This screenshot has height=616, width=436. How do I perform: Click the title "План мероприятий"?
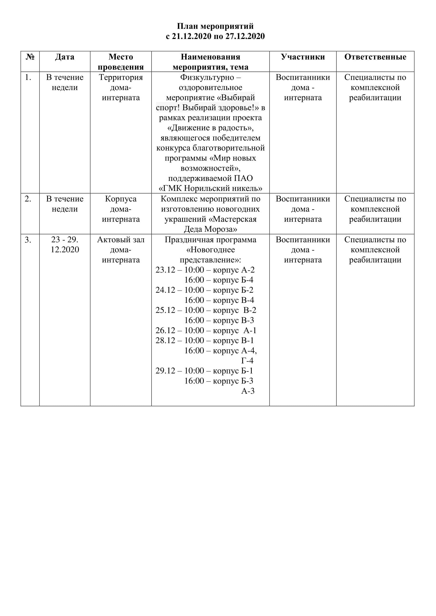[x=215, y=26]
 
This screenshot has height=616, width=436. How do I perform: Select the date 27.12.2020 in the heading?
[x=245, y=36]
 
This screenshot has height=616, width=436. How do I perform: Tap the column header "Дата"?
[x=65, y=57]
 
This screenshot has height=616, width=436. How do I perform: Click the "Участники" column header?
[x=303, y=57]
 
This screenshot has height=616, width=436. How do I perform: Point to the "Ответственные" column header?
[x=375, y=57]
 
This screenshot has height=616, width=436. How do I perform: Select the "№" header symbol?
[x=30, y=57]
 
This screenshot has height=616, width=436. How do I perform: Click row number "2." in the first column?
[x=28, y=199]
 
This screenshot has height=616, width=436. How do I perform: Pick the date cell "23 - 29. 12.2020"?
[x=65, y=244]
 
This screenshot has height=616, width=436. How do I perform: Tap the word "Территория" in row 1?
[x=121, y=77]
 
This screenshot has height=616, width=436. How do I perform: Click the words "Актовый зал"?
[x=121, y=240]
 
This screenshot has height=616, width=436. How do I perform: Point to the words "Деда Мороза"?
[x=210, y=229]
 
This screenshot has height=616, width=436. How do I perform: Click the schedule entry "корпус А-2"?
[x=234, y=270]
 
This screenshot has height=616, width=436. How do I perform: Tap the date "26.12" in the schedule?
[x=165, y=331]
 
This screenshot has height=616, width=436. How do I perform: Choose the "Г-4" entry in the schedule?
[x=247, y=361]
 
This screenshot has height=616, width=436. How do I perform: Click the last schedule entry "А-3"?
[x=248, y=391]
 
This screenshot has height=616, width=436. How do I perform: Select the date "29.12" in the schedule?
[x=165, y=371]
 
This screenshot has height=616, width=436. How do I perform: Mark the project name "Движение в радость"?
[x=210, y=128]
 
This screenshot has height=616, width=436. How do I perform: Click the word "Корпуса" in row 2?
[x=121, y=199]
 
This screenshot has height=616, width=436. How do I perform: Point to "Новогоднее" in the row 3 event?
[x=210, y=250]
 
